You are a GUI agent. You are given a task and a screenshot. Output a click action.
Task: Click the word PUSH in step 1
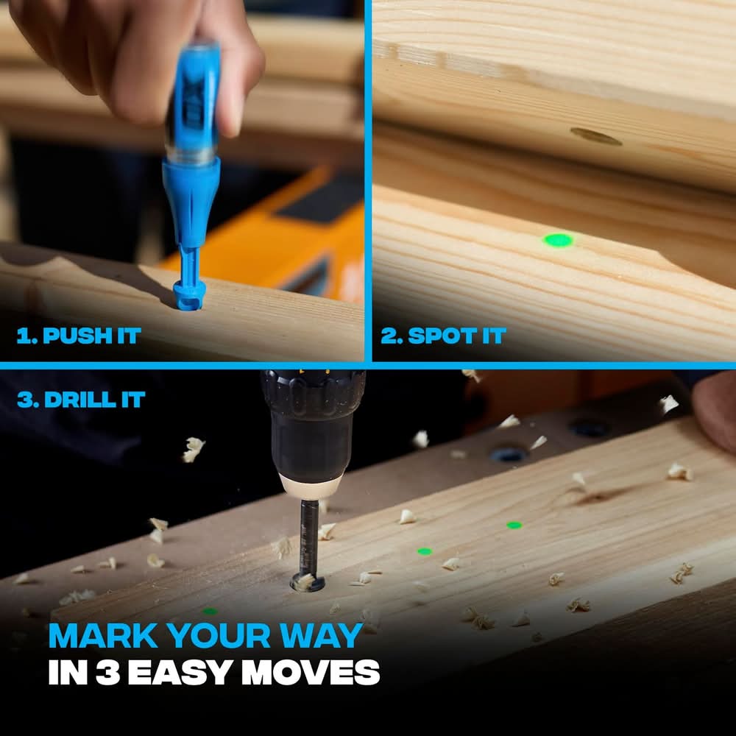pyautogui.click(x=77, y=336)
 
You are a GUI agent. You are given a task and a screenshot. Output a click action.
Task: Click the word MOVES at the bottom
pyautogui.click(x=311, y=672)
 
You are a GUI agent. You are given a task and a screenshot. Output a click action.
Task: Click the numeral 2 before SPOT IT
pyautogui.click(x=389, y=336)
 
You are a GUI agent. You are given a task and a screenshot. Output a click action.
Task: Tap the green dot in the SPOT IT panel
pyautogui.click(x=558, y=241)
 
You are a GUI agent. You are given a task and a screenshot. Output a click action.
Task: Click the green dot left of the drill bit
pyautogui.click(x=210, y=611)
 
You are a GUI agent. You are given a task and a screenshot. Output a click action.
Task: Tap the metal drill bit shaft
pyautogui.click(x=309, y=535)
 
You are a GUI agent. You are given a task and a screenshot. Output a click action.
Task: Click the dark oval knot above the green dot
pyautogui.click(x=596, y=136)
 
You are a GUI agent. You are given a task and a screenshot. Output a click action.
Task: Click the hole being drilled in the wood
pyautogui.click(x=308, y=582)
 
